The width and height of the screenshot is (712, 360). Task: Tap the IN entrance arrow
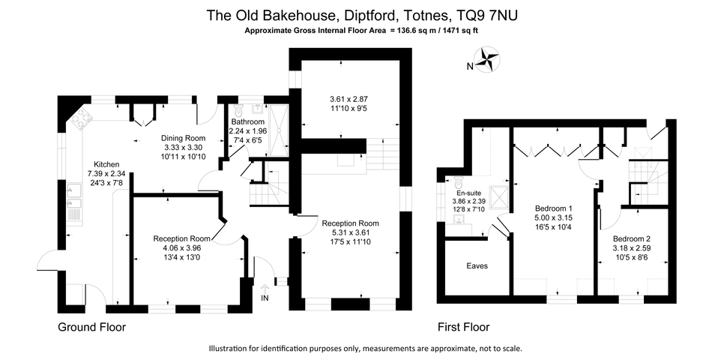(265, 289)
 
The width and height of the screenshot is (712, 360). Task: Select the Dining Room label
(184, 138)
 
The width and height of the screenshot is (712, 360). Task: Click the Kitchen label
(106, 164)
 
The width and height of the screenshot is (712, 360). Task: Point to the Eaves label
(477, 265)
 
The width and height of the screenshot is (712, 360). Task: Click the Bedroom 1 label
(555, 208)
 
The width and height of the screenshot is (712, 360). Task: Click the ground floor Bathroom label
(247, 121)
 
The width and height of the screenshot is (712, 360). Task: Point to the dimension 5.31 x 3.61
(350, 232)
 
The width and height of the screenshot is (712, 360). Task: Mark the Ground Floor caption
(92, 328)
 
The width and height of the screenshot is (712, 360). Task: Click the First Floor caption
(463, 328)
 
